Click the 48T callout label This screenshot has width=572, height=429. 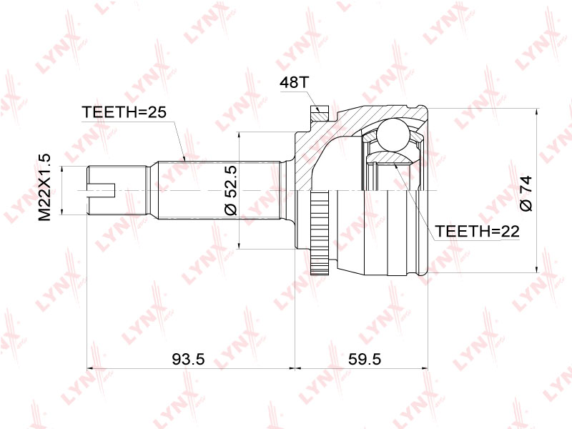click(294, 83)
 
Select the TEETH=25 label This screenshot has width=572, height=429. click(124, 112)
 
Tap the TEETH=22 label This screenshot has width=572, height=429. click(477, 231)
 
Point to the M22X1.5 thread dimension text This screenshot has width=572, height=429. click(45, 187)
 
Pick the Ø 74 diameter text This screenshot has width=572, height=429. click(526, 194)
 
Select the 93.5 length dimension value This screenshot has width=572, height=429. click(188, 360)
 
